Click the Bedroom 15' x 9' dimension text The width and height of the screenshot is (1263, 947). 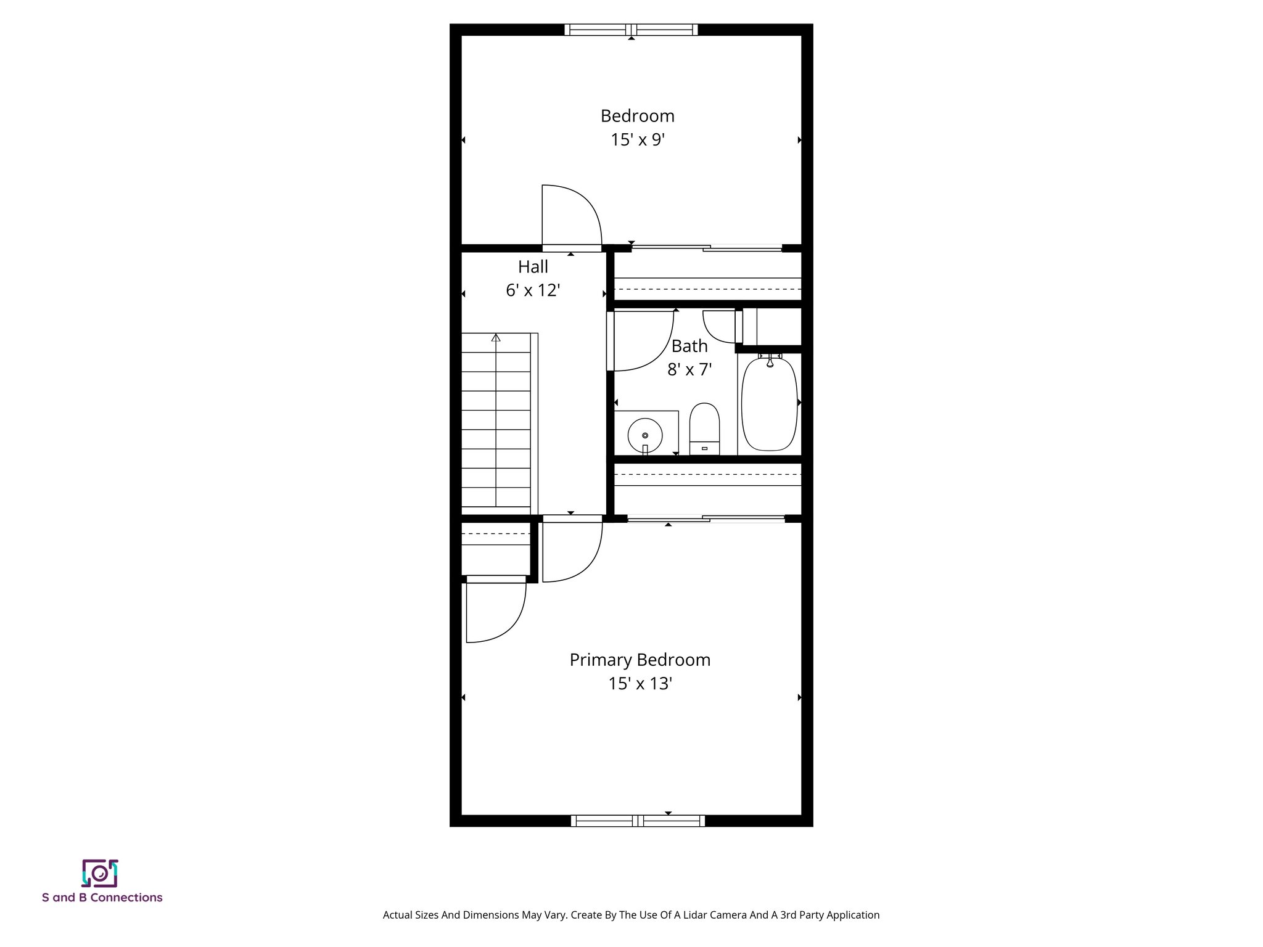[638, 140]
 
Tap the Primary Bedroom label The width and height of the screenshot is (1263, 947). [640, 660]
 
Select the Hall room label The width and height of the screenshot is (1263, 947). [533, 267]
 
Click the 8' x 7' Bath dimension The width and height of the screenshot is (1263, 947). [689, 369]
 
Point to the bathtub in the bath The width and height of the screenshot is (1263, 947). [768, 404]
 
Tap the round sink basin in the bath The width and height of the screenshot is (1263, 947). [645, 435]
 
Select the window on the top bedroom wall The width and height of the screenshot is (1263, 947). [631, 30]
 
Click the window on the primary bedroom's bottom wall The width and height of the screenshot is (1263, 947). [638, 821]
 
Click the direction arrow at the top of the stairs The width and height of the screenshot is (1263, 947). [496, 338]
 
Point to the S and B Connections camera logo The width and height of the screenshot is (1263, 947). [100, 873]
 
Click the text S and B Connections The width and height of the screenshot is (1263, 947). [102, 898]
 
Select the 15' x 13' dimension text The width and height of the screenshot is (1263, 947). [640, 684]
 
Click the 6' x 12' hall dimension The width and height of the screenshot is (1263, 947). [533, 290]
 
